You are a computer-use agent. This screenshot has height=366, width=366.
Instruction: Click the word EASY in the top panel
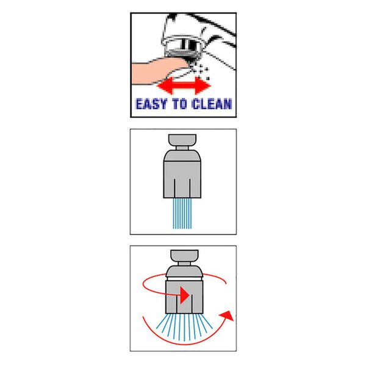pos(152,104)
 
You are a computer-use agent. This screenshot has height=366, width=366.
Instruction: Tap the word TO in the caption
pos(179,104)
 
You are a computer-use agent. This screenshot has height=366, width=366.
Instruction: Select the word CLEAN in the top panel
pos(210,104)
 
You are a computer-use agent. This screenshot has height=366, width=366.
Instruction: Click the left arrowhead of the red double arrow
pos(162,82)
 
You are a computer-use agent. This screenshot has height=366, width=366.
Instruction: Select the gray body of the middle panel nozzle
pos(182,177)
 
